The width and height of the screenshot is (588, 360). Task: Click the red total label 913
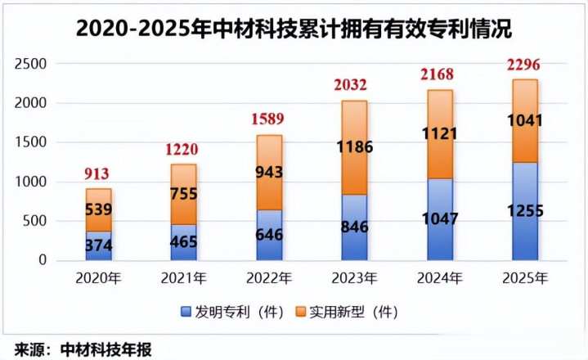(97, 173)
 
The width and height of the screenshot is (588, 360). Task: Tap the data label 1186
(353, 147)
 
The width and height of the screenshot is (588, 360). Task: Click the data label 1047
(440, 218)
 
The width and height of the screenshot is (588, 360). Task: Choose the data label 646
(269, 235)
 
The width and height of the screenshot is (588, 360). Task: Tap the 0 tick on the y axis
(42, 260)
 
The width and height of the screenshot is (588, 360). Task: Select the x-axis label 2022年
(269, 278)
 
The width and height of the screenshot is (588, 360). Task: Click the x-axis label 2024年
(440, 278)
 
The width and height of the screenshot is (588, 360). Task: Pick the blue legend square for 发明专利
(186, 311)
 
